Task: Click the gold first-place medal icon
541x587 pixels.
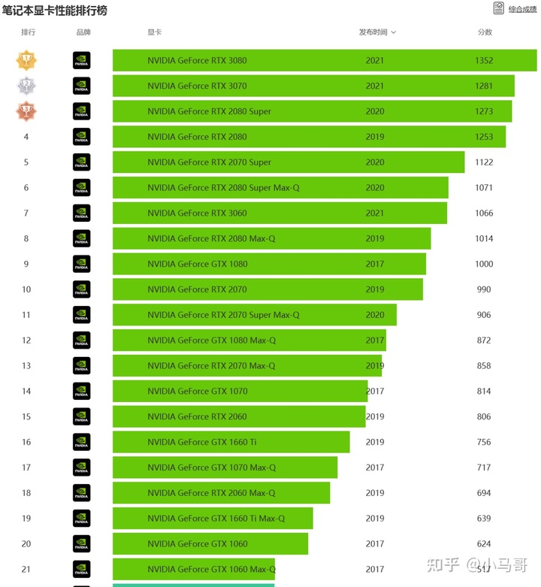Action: pyautogui.click(x=27, y=60)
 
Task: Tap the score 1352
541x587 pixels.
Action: pyautogui.click(x=484, y=60)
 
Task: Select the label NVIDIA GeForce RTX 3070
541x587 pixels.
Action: pyautogui.click(x=197, y=86)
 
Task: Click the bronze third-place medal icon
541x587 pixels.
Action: pyautogui.click(x=27, y=111)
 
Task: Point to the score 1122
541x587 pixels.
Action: pyautogui.click(x=484, y=162)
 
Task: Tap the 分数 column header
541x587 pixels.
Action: pyautogui.click(x=485, y=32)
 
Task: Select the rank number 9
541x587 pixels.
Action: pyautogui.click(x=26, y=264)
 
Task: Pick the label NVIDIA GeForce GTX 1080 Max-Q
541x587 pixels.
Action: pyautogui.click(x=211, y=340)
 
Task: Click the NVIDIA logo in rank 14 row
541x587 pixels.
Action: pyautogui.click(x=81, y=391)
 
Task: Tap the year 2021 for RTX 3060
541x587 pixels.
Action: pyautogui.click(x=375, y=213)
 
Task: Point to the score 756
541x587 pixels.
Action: pyautogui.click(x=484, y=442)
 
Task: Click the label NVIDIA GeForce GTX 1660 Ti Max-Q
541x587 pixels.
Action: pyautogui.click(x=216, y=519)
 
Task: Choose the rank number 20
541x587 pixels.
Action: pyautogui.click(x=26, y=544)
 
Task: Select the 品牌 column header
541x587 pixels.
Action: pyautogui.click(x=83, y=32)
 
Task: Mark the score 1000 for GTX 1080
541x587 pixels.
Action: pyautogui.click(x=484, y=264)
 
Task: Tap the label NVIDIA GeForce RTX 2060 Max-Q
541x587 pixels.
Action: pyautogui.click(x=211, y=493)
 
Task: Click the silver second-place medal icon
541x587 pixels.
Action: pyautogui.click(x=27, y=86)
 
